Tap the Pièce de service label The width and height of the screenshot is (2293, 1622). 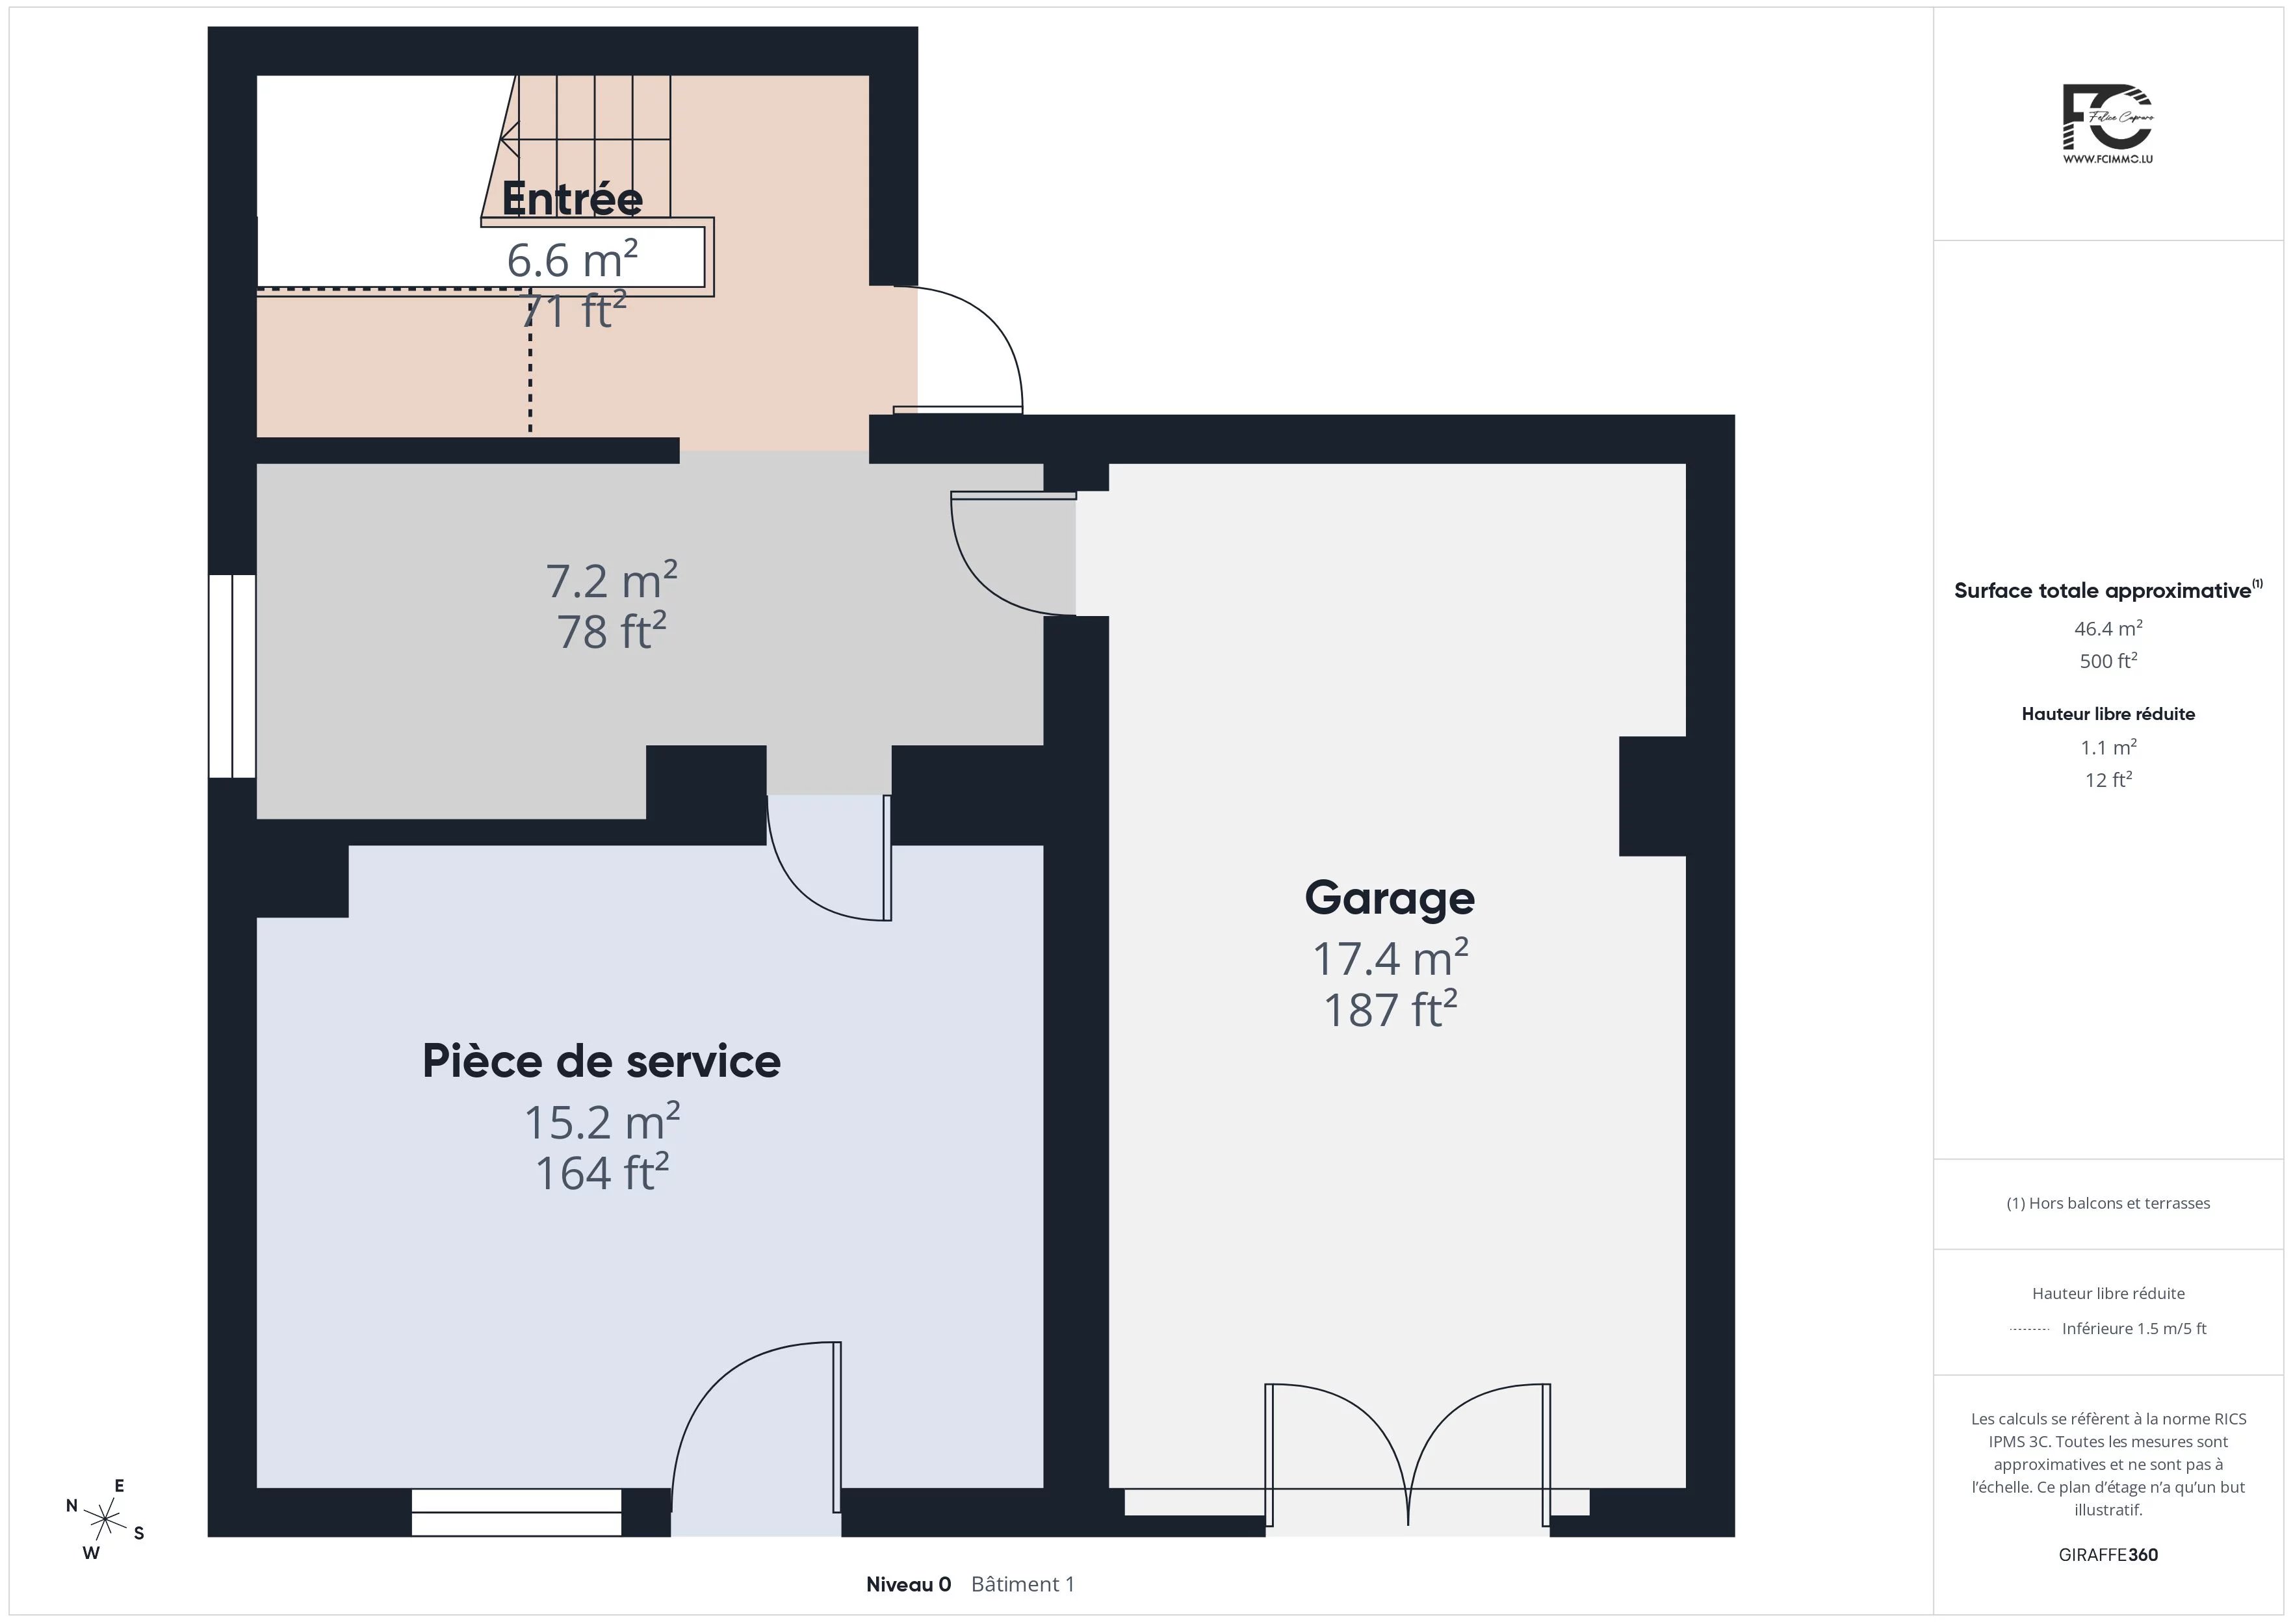tap(601, 1061)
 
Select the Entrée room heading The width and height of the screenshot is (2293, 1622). tap(572, 198)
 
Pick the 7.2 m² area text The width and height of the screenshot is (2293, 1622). tap(611, 579)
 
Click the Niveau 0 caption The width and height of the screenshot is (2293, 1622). tap(908, 1584)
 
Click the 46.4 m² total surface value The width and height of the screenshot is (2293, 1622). tap(2108, 628)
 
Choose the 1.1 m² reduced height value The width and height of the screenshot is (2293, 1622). tap(2108, 747)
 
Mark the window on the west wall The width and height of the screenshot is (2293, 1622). tap(231, 676)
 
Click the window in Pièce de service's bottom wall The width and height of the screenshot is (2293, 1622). tap(516, 1512)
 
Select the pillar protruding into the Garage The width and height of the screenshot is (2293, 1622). tap(1652, 796)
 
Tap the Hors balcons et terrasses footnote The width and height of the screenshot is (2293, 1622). tap(2108, 1204)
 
